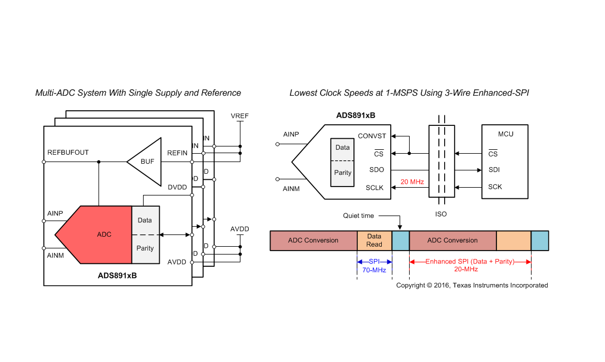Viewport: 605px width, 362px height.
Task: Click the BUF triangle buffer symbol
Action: click(x=146, y=162)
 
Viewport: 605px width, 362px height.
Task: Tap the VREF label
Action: click(x=240, y=116)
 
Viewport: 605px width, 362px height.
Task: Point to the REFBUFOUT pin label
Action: click(x=68, y=152)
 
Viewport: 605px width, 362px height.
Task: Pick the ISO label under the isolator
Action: click(x=441, y=214)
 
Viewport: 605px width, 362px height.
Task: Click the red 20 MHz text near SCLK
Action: click(x=412, y=182)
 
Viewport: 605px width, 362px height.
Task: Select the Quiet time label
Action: click(x=358, y=216)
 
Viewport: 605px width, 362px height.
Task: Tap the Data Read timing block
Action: click(x=374, y=241)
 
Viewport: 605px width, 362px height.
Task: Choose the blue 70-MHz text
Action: click(x=374, y=270)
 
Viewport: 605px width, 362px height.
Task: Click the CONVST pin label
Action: click(x=371, y=136)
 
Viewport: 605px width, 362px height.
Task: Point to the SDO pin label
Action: click(x=376, y=170)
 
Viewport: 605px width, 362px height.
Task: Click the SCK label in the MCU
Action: click(x=495, y=187)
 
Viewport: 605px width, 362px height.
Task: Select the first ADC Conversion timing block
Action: click(x=313, y=241)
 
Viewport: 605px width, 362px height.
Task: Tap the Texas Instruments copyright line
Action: click(x=472, y=285)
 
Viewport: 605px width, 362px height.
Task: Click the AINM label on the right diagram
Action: click(x=291, y=189)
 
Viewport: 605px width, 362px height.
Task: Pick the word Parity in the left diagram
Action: click(x=145, y=248)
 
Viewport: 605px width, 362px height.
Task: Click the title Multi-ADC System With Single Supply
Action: click(x=138, y=93)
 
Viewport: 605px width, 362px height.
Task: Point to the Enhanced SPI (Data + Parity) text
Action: click(x=470, y=261)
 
